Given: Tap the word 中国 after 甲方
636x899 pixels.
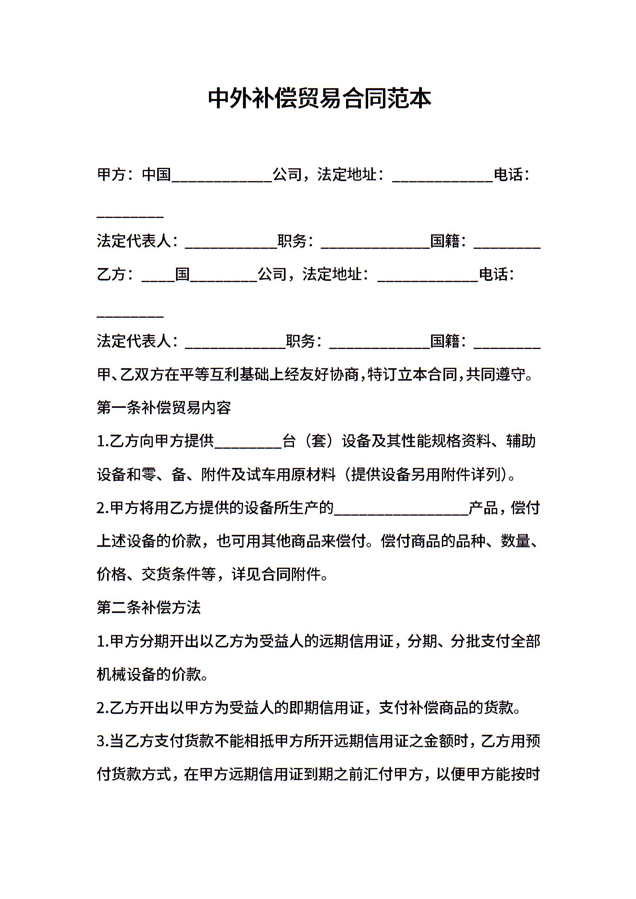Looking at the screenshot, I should coord(156,175).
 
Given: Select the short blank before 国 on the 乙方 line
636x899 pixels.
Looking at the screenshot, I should coord(158,280).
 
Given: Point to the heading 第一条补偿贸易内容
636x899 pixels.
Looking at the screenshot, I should coord(164,408).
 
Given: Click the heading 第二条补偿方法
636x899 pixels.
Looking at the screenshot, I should coord(149,608).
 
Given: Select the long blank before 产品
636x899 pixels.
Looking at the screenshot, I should coord(401,513).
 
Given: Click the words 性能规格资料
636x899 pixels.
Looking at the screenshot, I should coord(446,441).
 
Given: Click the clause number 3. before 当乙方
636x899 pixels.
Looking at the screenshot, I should coord(103,742).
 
